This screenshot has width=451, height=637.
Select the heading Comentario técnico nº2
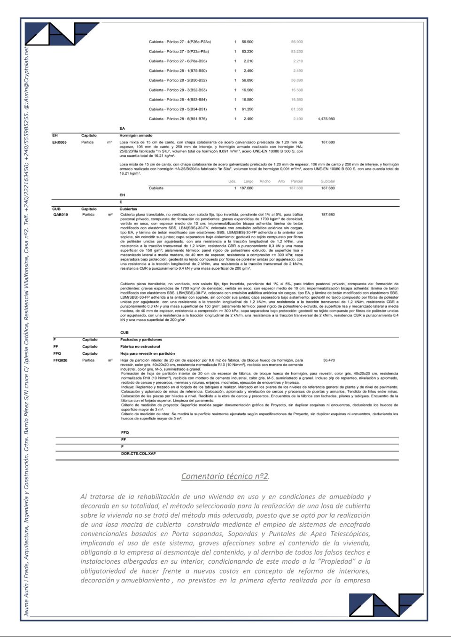[x=225, y=476]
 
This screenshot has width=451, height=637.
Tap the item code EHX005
[x=60, y=142]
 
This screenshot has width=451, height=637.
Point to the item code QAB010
[x=61, y=215]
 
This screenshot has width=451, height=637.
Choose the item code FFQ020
[x=61, y=360]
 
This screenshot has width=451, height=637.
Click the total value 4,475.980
[x=326, y=119]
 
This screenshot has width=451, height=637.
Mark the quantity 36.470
[x=329, y=360]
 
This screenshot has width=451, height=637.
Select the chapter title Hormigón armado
[x=136, y=135]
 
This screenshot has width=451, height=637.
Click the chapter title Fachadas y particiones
[x=141, y=340]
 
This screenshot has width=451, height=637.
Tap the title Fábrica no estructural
[x=140, y=347]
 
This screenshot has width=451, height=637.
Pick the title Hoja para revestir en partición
[x=148, y=353]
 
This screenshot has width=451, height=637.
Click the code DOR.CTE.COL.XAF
[x=138, y=454]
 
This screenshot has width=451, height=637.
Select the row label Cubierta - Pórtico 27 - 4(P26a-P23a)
[x=180, y=42]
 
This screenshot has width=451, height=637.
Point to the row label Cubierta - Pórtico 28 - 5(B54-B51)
[x=178, y=109]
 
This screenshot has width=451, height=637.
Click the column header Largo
[x=249, y=181]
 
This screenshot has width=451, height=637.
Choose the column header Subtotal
[x=327, y=181]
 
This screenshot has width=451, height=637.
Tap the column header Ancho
[x=265, y=181]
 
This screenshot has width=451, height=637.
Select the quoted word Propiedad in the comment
[x=336, y=562]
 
